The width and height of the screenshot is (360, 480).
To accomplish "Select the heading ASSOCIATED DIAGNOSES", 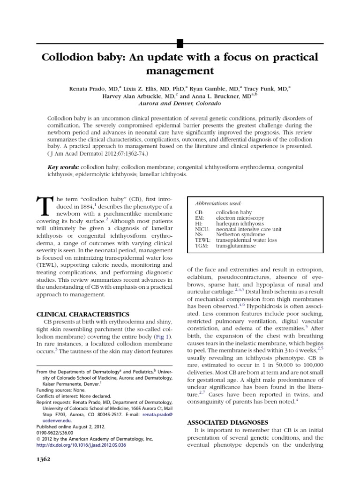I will pyautogui.click(x=228, y=422).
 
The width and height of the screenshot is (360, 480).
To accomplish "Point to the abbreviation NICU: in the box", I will pyautogui.click(x=202, y=229).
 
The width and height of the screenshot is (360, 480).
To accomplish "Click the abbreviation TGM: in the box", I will pyautogui.click(x=202, y=245).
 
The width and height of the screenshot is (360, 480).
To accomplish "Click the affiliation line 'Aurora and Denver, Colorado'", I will pyautogui.click(x=180, y=103).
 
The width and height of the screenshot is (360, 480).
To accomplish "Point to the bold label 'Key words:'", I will pyautogui.click(x=63, y=167).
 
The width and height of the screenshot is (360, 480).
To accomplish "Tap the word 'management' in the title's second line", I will pyautogui.click(x=180, y=71).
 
